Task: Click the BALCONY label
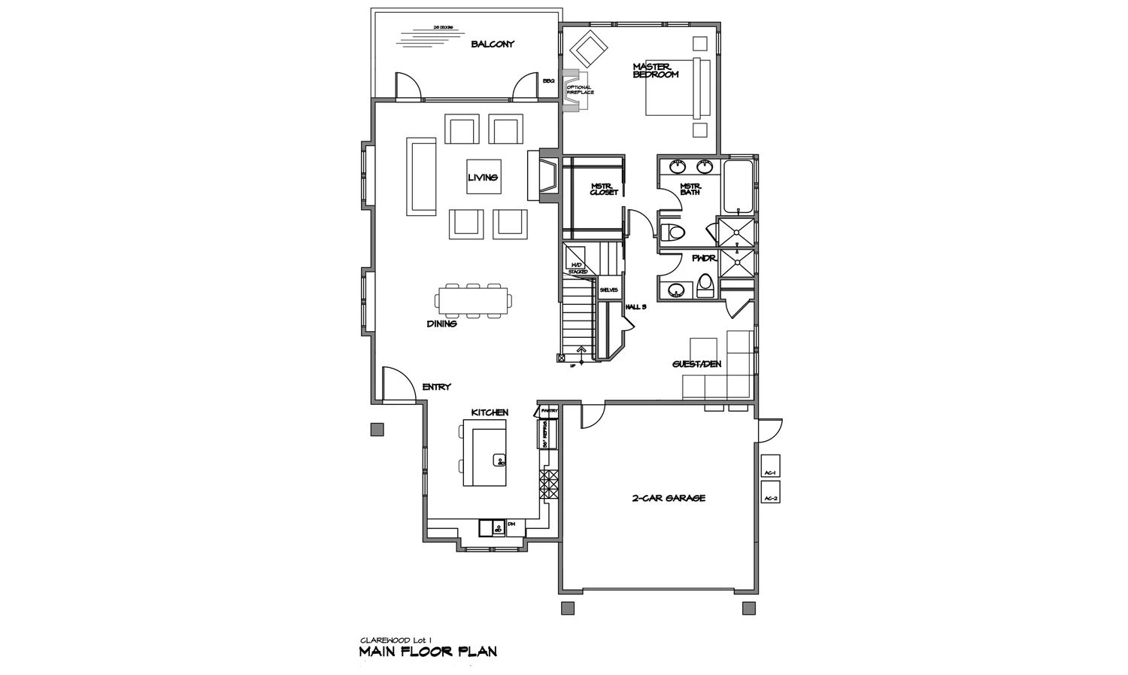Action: point(493,44)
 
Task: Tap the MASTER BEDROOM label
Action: point(656,71)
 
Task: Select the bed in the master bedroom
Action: point(677,87)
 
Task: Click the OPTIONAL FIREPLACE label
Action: point(580,90)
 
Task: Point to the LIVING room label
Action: point(483,178)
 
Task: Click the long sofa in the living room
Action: point(422,176)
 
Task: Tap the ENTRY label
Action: point(436,387)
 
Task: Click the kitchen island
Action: point(484,453)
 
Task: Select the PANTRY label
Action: point(549,411)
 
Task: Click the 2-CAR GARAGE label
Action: point(669,498)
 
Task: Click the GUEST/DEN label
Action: point(696,365)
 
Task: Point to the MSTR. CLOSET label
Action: point(603,190)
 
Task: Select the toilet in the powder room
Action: point(705,285)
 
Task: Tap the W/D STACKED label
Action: point(578,268)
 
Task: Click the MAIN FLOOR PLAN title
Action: point(428,652)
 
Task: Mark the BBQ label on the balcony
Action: point(548,81)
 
